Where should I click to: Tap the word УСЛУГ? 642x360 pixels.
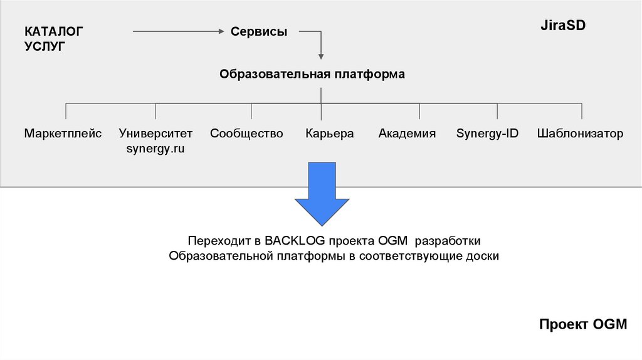45,46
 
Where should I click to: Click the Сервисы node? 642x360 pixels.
259,31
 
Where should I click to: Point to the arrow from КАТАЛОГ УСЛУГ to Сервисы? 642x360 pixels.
179,31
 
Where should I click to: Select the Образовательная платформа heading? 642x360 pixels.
312,74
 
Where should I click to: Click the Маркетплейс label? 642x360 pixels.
63,134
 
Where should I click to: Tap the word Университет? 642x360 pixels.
155,134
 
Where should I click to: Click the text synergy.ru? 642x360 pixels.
155,149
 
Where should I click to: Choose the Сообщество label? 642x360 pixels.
246,134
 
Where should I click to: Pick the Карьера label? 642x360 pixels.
330,134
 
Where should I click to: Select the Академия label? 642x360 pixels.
407,134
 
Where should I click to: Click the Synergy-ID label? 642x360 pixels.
487,134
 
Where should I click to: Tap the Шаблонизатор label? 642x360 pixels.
580,134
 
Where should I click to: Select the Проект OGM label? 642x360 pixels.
582,324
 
